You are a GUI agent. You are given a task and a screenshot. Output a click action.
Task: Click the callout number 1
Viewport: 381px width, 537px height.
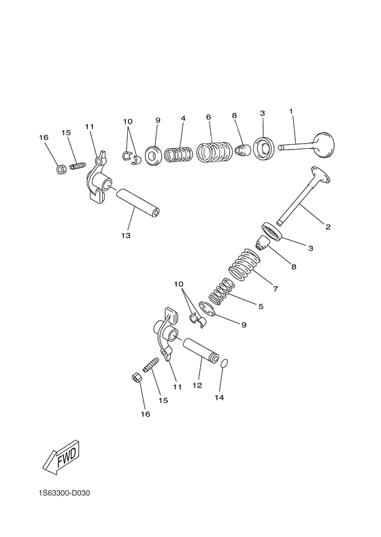click(291, 111)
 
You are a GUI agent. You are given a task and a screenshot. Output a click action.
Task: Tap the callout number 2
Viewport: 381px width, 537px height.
click(327, 226)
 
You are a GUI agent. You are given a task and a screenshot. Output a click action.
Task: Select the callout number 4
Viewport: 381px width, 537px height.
click(183, 118)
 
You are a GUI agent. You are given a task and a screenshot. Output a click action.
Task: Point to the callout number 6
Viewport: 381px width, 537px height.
click(208, 117)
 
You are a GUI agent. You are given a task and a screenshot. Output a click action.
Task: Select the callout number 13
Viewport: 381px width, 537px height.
click(126, 235)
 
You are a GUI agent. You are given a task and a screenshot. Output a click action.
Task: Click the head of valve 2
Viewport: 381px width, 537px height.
click(319, 175)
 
